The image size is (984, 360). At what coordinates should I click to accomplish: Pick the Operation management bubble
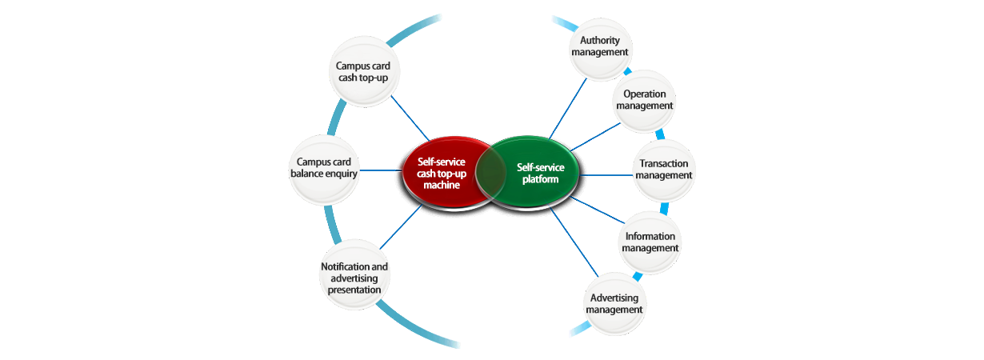[644, 99]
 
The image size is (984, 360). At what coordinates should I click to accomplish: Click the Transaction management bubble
[663, 169]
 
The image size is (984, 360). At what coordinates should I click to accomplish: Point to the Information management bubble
[650, 242]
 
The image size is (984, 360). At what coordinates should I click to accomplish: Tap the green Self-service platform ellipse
[538, 173]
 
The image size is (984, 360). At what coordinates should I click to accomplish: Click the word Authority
[602, 40]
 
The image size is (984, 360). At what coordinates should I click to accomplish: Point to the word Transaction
[664, 163]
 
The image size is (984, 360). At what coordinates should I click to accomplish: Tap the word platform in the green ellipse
[540, 179]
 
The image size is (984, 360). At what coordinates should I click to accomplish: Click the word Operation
[644, 94]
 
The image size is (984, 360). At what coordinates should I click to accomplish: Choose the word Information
[650, 236]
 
